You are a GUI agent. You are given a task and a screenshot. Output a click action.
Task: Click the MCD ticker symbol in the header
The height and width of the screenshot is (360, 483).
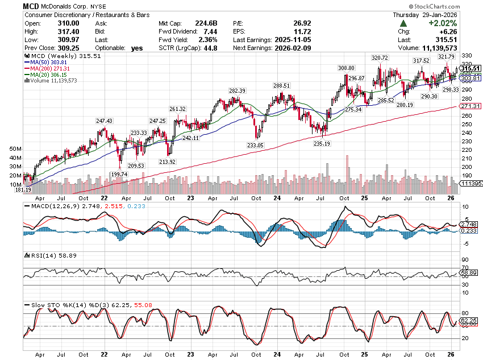click(x=31, y=6)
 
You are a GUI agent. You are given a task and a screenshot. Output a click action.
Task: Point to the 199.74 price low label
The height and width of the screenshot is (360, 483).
click(x=120, y=173)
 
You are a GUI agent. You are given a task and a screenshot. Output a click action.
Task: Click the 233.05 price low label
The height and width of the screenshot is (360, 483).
click(x=256, y=146)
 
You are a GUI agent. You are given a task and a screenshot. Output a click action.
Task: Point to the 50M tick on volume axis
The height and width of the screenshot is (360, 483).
click(x=15, y=148)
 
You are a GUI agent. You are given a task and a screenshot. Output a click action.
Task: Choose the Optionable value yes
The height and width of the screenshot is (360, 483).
click(x=138, y=49)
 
